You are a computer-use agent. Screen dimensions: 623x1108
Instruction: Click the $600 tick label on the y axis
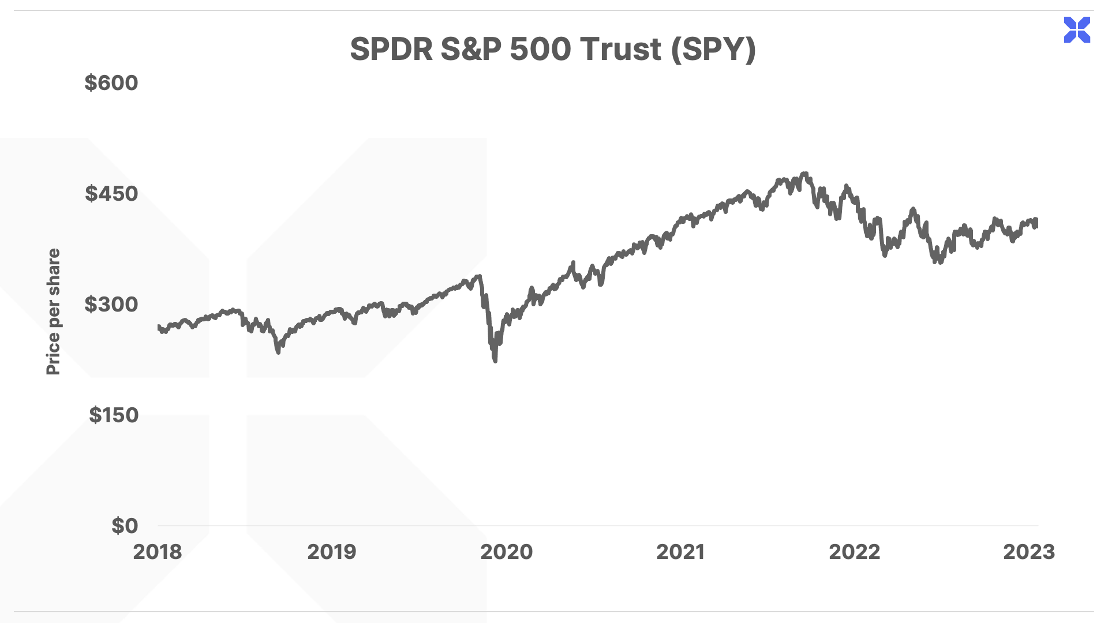coord(111,83)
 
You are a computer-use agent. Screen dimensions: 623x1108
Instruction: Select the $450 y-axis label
coord(111,194)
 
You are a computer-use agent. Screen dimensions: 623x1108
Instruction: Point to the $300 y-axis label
coord(111,305)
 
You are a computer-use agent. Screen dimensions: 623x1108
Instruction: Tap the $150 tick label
coord(114,415)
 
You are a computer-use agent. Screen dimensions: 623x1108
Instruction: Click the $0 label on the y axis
coord(125,526)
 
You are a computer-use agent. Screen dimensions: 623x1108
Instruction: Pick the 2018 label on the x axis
coord(158,552)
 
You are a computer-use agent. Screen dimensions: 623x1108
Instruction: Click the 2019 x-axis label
coord(332,552)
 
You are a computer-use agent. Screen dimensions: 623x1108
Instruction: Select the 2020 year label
coord(507,552)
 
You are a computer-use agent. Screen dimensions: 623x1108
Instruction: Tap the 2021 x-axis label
coord(680,552)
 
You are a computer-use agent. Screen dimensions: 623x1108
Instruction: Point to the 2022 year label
coord(855,552)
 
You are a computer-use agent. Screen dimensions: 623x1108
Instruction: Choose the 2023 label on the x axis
coord(1029,552)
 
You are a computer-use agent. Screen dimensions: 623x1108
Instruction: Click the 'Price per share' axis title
coord(53,311)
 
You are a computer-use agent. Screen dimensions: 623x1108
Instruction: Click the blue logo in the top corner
coord(1077,30)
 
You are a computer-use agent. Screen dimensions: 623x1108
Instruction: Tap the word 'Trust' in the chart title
coord(621,49)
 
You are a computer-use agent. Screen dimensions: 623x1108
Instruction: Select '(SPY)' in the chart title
coord(713,49)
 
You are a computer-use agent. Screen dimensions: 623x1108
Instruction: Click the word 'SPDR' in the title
coord(391,49)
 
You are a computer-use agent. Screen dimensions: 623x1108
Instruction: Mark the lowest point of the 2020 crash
coord(495,361)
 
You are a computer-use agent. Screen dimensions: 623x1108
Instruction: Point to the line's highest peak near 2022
coord(806,174)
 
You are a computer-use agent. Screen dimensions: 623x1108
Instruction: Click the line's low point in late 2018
coord(278,351)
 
